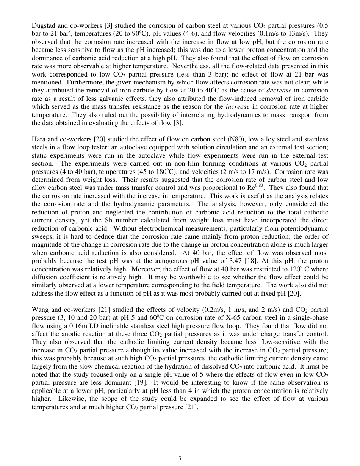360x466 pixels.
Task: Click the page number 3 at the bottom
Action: (x=180, y=458)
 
